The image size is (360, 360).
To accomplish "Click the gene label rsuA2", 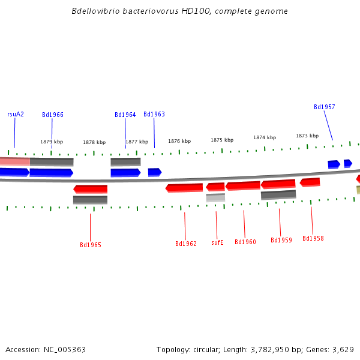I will tap(16, 114).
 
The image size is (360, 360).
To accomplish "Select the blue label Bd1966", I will tap(53, 115).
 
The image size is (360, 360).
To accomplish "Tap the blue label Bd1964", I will tap(125, 115).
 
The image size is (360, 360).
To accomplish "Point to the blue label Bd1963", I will tap(154, 114).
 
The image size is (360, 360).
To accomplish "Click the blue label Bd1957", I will tap(325, 107).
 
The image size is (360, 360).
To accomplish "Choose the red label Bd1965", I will tap(91, 245).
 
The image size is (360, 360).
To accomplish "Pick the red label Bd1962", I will tap(186, 244).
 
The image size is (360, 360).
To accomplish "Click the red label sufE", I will tap(217, 242).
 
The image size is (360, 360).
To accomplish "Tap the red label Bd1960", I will tap(245, 242).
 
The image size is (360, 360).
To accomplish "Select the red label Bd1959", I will tap(281, 240).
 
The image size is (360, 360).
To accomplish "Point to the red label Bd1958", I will tap(313, 238).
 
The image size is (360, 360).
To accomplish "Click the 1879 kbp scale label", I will tap(52, 142).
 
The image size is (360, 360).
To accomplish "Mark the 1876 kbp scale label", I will tap(179, 141).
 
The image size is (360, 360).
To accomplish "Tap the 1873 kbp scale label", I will tap(307, 136).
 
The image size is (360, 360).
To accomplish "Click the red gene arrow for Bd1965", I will tap(91, 189).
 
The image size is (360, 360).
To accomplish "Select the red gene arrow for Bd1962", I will tap(184, 188).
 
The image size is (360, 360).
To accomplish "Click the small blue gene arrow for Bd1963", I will tap(155, 172).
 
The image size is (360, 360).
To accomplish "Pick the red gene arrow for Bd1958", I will tap(310, 182).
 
